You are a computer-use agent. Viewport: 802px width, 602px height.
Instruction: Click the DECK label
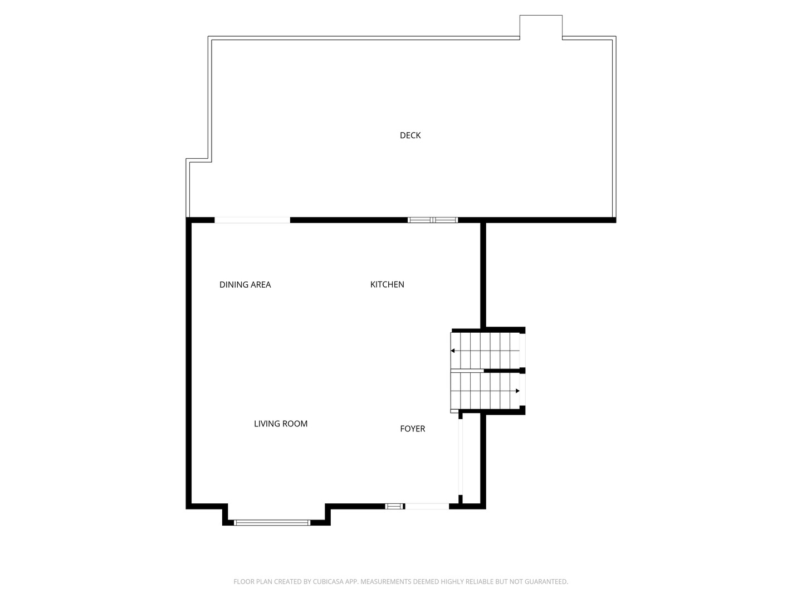click(410, 135)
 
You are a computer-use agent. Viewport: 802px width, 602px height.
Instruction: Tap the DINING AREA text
click(245, 284)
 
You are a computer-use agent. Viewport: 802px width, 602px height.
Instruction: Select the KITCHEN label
click(387, 284)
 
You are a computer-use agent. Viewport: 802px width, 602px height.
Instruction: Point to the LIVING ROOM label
click(281, 424)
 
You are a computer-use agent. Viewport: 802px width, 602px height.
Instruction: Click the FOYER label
click(413, 429)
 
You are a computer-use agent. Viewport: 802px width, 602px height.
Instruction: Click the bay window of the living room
click(272, 523)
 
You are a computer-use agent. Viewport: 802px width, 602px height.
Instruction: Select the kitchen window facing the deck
click(433, 220)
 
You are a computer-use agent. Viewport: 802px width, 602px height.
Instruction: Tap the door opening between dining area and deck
click(252, 220)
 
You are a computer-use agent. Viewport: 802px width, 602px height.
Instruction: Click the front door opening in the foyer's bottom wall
click(427, 506)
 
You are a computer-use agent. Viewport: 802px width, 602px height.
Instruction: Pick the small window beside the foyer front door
click(395, 506)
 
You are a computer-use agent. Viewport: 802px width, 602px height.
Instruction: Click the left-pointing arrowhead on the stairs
click(453, 351)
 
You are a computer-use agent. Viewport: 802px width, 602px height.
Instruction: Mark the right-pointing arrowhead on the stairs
click(517, 391)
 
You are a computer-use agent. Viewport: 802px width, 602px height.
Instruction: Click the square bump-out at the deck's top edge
click(541, 26)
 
